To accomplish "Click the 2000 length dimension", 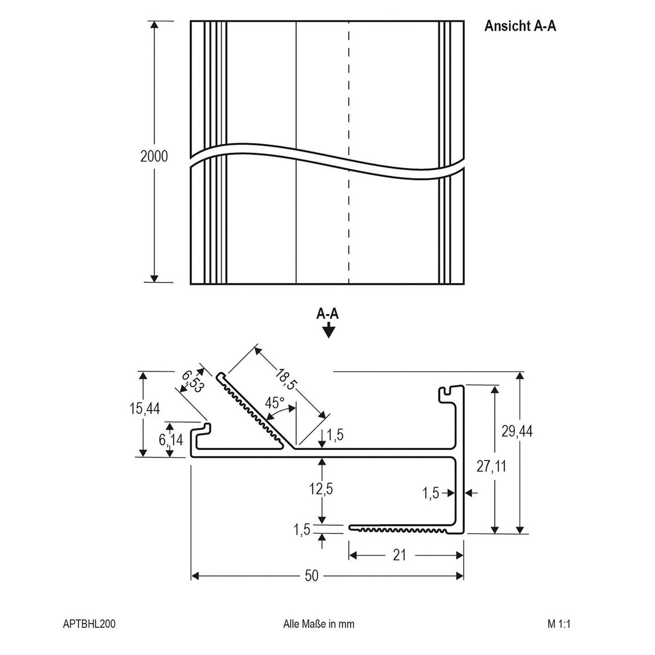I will coord(154,156).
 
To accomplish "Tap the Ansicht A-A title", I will coord(520,26).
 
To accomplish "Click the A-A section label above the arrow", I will coord(327,314).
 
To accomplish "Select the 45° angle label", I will coord(275,403).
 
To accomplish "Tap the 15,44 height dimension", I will coord(145,408).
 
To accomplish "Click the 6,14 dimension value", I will coord(170,440).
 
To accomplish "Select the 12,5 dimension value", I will coord(321,489).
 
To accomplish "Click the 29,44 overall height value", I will coord(517,431).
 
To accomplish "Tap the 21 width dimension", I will coord(399,555).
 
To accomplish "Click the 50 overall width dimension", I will coord(311,576).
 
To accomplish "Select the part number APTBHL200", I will coord(89,624).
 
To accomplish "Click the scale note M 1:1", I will coord(558,624).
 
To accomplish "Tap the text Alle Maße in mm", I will coord(319,624).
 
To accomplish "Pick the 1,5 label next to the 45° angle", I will coord(335,435).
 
